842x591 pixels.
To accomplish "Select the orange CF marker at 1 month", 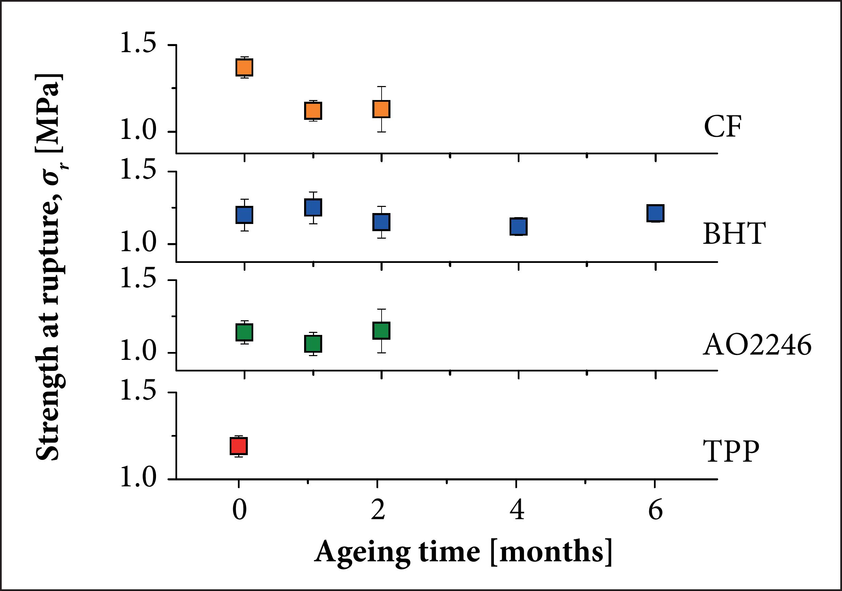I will coord(313,111).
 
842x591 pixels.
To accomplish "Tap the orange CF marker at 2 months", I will coord(381,109).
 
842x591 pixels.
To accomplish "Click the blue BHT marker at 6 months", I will coord(655,213).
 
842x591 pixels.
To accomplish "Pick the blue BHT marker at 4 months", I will coord(518,226).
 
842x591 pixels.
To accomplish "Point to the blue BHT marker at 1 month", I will coord(313,207).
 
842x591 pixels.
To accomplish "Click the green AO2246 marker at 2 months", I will coord(381,330).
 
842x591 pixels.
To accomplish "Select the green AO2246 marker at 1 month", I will coord(313,344).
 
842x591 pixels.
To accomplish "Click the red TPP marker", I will coord(239,446).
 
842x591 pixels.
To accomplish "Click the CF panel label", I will coord(723,127).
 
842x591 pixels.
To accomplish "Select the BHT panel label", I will coord(734,234).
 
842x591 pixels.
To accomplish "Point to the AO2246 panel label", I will coord(757,346).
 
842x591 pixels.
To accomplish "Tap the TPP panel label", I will coord(730,451).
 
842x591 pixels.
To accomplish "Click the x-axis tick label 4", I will coord(517,510).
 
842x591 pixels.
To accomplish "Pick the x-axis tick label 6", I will coord(655,510).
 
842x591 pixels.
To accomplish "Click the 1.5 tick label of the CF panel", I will coord(138,43).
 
